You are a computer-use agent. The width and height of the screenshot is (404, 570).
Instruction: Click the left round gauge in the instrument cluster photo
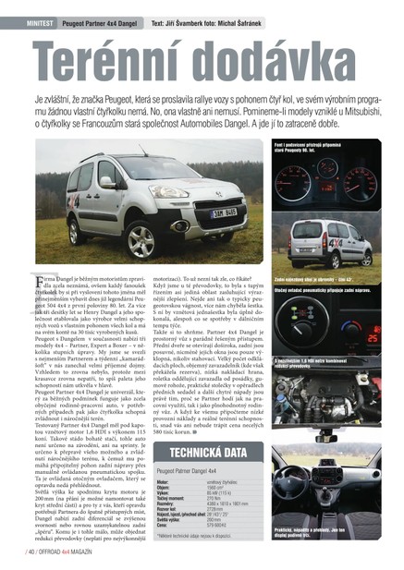pyautogui.click(x=297, y=175)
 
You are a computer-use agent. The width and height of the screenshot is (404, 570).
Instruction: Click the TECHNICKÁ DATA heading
pyautogui.click(x=207, y=453)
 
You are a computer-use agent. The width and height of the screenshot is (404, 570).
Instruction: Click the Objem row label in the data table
pyautogui.click(x=164, y=487)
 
